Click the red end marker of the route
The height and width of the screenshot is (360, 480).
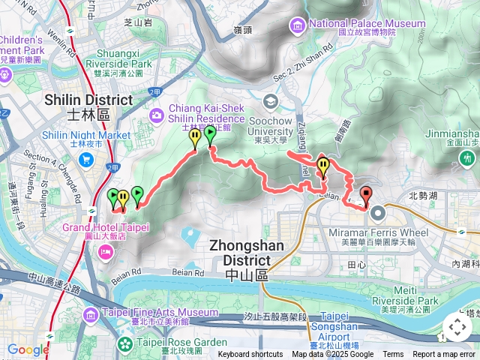[366, 195]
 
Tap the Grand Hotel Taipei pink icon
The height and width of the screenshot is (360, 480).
[104, 251]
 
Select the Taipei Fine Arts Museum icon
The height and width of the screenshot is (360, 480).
[91, 313]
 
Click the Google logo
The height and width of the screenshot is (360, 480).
[28, 349]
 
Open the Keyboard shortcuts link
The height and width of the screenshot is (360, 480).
[250, 355]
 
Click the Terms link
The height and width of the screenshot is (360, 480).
[393, 355]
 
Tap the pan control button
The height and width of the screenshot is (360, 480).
[457, 327]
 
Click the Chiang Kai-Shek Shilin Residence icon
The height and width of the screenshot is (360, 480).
[157, 114]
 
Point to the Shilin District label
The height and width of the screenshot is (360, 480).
[88, 105]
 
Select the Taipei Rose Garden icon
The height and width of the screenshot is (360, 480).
[123, 344]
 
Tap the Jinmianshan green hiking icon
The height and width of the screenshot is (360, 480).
[469, 158]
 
